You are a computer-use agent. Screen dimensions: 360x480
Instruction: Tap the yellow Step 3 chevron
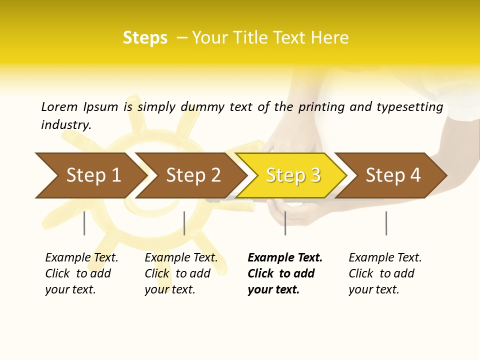click(292, 175)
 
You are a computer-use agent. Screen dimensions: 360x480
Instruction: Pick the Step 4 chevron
click(392, 175)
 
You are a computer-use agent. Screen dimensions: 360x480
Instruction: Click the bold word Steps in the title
click(145, 38)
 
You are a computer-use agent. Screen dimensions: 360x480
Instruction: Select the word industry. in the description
click(66, 124)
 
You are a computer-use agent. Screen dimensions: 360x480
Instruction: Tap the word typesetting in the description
click(409, 107)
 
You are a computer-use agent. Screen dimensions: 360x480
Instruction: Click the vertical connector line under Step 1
click(84, 223)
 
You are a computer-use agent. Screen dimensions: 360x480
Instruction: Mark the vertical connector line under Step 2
click(184, 223)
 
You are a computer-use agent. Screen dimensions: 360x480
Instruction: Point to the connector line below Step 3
click(285, 223)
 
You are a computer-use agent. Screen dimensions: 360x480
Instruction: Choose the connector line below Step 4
click(386, 223)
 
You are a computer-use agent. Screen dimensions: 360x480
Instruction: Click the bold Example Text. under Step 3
click(285, 257)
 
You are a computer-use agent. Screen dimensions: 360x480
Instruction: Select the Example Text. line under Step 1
click(81, 257)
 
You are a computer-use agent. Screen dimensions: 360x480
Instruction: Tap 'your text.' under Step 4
click(373, 289)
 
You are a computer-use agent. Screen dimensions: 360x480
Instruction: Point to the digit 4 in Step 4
click(415, 175)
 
